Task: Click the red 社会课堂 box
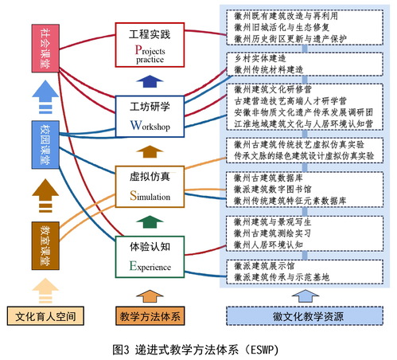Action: pos(45,48)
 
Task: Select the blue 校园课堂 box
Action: pos(45,145)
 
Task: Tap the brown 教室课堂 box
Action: pos(45,245)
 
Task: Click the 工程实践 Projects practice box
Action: pos(150,45)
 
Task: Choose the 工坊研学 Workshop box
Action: pos(150,116)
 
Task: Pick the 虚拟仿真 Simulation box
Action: pos(150,186)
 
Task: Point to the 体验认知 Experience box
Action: pos(150,257)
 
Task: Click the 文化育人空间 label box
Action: pos(45,316)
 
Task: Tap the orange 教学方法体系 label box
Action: pos(150,316)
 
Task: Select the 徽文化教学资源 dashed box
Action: pos(305,316)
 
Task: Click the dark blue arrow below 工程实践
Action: pos(150,81)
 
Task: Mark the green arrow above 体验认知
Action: pos(150,222)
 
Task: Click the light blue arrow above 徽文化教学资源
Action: pos(305,296)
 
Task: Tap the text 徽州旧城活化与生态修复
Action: pos(282,27)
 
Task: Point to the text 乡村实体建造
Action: pos(260,58)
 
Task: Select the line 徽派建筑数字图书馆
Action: pos(273,190)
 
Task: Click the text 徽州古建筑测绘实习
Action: pos(272,233)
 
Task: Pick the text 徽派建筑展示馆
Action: pos(264,266)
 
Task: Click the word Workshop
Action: pos(150,126)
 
